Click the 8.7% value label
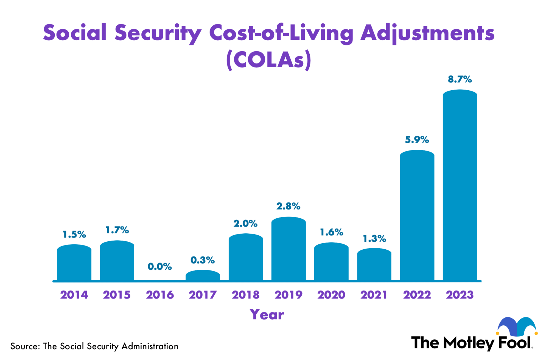click(x=460, y=80)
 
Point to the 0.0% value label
click(x=160, y=266)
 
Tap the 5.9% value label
click(x=417, y=140)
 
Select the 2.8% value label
click(x=288, y=206)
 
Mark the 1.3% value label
click(x=374, y=239)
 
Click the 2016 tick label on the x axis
click(x=160, y=295)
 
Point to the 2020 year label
click(x=331, y=295)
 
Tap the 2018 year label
click(x=245, y=295)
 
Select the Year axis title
click(x=267, y=315)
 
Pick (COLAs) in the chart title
click(x=269, y=60)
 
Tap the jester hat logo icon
click(x=517, y=326)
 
